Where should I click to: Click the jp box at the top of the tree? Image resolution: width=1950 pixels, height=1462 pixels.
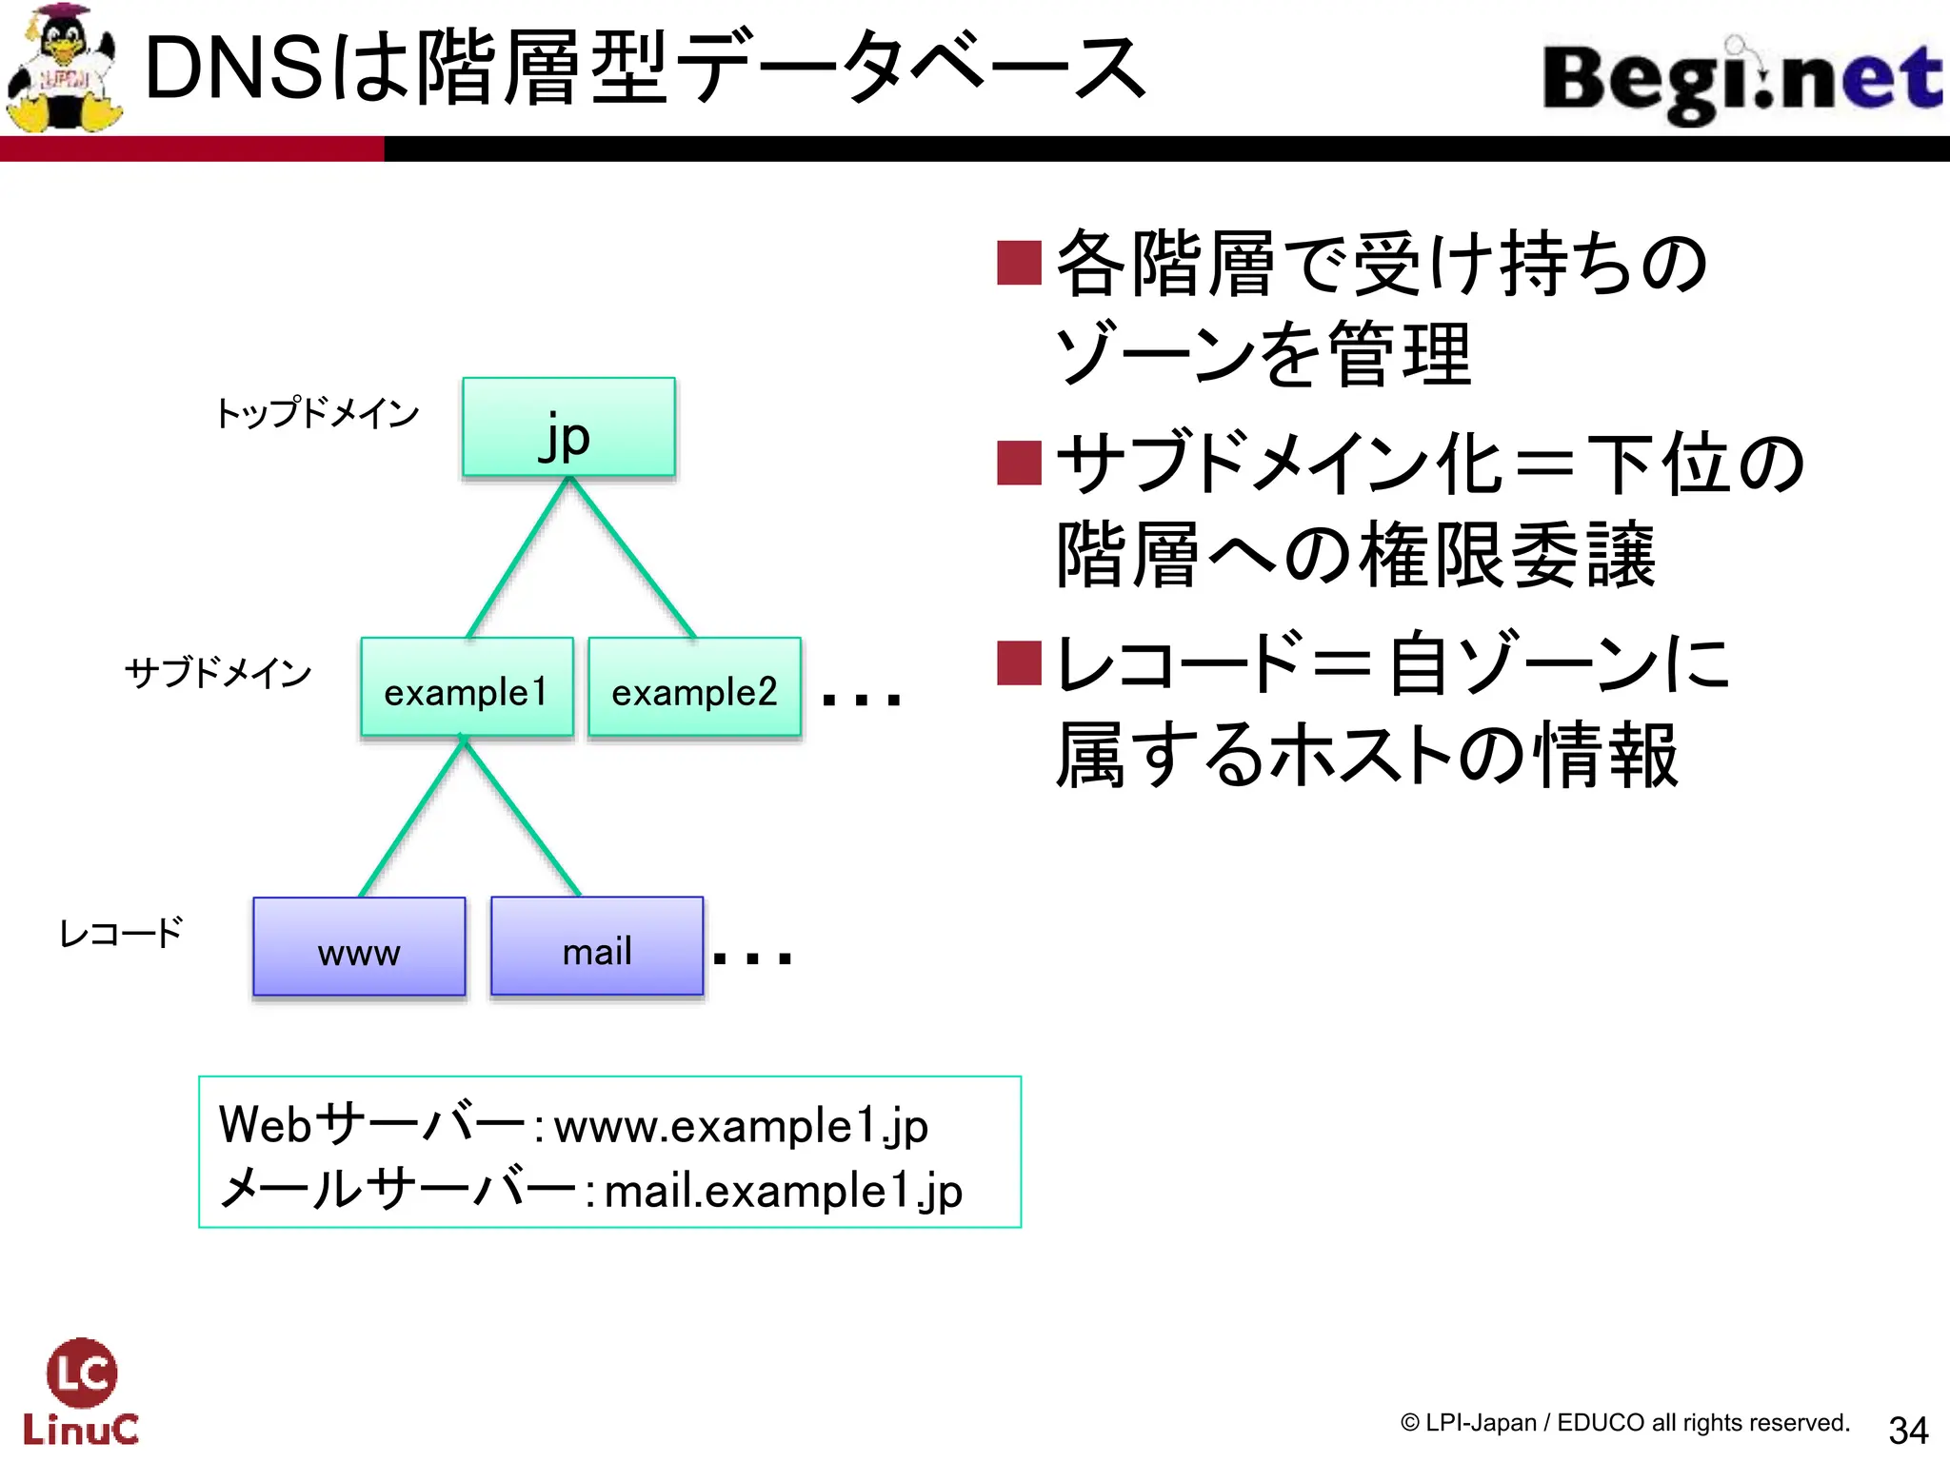coord(568,427)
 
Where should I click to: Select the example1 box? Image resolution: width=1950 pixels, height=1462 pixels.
coord(467,687)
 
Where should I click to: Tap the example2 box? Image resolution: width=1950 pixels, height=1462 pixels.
coord(694,687)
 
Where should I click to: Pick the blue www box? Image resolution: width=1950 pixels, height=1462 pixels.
coord(359,947)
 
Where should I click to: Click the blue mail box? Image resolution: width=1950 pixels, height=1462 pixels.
coord(597,947)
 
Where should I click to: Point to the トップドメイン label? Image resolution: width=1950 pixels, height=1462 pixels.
coord(317,413)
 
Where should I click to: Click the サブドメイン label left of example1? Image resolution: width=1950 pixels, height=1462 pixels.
coord(218,673)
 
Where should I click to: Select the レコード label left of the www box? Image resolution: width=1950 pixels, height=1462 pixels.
coord(121,933)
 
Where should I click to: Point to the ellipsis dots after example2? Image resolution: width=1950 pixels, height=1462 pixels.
coord(860,701)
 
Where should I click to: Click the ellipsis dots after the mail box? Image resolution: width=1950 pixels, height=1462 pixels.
coord(752,958)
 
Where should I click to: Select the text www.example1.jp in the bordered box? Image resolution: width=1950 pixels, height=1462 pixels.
coord(741,1127)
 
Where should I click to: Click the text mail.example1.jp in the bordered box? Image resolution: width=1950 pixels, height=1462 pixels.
coord(783,1192)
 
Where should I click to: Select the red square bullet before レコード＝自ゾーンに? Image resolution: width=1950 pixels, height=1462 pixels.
coord(1019,663)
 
